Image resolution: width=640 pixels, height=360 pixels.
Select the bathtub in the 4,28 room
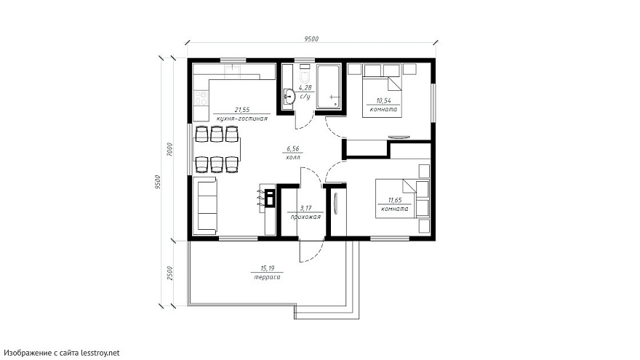tap(329, 87)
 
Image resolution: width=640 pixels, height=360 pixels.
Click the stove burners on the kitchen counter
tap(201, 98)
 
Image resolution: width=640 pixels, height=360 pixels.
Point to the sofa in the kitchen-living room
tap(207, 206)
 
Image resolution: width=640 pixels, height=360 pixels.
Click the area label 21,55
tap(242, 110)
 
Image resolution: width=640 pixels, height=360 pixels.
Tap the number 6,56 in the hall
tap(292, 149)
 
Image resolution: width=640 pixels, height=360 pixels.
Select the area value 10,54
tap(383, 100)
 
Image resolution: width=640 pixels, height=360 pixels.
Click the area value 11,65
tap(395, 200)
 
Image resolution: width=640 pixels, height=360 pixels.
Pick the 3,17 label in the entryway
tap(305, 208)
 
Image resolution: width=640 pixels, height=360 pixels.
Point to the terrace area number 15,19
tap(268, 268)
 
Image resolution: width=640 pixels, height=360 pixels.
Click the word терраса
tap(268, 277)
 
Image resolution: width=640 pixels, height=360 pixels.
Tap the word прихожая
tap(305, 217)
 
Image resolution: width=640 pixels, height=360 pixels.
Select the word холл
tap(292, 157)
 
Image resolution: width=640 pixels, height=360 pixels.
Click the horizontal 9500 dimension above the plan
tap(311, 39)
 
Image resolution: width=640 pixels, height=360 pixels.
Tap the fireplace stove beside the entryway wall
tap(270, 199)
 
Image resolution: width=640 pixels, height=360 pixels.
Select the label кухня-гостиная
tap(242, 119)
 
